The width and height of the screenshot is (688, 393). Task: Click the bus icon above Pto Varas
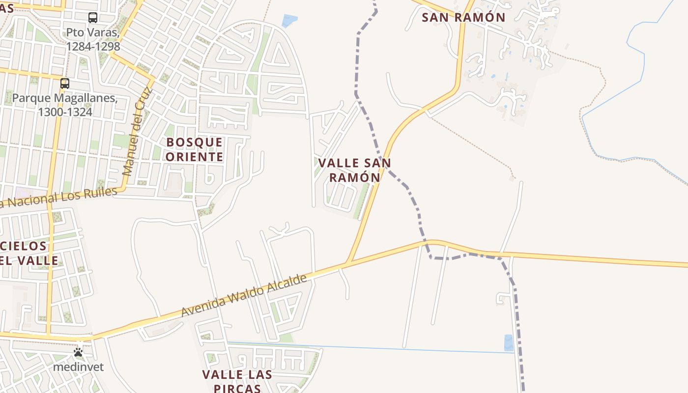click(93, 18)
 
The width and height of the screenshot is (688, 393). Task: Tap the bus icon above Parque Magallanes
click(65, 84)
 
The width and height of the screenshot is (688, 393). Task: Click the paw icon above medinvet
click(78, 352)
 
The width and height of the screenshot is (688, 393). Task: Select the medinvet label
click(79, 366)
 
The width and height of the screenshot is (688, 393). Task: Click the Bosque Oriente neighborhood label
click(195, 149)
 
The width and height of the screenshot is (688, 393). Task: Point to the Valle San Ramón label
click(354, 170)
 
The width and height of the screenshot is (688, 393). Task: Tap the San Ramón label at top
click(463, 18)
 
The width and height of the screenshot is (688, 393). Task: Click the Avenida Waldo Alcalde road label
click(244, 295)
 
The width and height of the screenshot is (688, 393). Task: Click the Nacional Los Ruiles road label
click(59, 198)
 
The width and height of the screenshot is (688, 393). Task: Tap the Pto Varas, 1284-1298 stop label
click(93, 40)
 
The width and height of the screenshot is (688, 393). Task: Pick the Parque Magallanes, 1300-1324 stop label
click(65, 105)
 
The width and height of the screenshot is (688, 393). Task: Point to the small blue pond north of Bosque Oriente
click(289, 21)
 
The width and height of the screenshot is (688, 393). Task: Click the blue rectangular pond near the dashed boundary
click(509, 342)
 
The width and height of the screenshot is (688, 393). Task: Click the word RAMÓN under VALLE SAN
click(355, 177)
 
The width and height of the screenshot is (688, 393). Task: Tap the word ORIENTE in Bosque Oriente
click(195, 157)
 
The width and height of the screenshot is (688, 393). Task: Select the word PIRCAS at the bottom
click(237, 388)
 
